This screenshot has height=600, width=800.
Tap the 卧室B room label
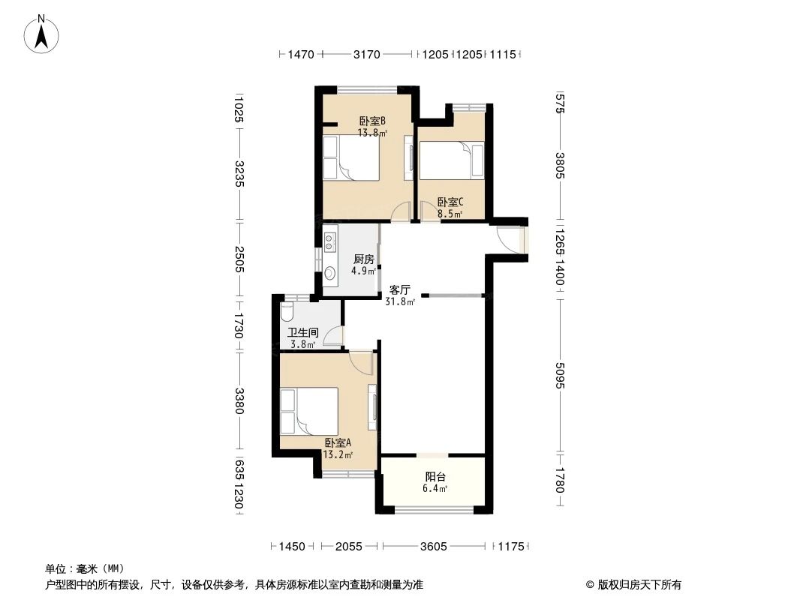[x=372, y=121]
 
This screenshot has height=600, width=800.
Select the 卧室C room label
[x=450, y=202]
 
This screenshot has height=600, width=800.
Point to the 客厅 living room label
[x=399, y=290]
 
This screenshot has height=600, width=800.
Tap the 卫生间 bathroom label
[x=303, y=333]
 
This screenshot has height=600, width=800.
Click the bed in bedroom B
[x=350, y=157]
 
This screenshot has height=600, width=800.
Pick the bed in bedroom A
[x=308, y=411]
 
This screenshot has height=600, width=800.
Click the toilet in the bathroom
[x=286, y=310]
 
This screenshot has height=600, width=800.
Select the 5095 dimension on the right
[x=560, y=376]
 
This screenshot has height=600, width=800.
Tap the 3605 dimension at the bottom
[x=433, y=547]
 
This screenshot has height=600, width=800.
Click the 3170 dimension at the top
[x=367, y=54]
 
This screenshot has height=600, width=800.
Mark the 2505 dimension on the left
[x=238, y=260]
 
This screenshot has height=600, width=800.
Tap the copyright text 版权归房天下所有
[x=633, y=584]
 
